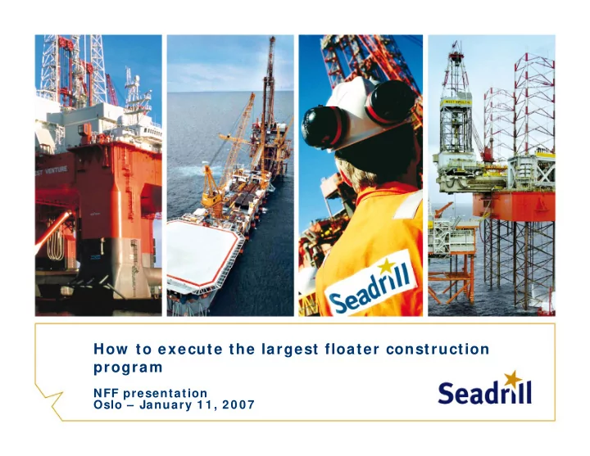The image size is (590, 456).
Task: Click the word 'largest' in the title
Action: (x=290, y=350)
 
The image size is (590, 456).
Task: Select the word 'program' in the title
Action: (x=128, y=368)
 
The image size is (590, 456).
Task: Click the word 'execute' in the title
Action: (x=190, y=350)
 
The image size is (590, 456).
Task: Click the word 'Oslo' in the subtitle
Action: (x=107, y=405)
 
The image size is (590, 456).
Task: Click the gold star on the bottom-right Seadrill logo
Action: (x=513, y=378)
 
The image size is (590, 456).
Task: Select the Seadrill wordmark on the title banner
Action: (x=485, y=392)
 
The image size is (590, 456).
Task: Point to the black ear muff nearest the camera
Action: (x=322, y=127)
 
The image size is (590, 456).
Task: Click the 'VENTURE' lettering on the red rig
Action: (x=56, y=170)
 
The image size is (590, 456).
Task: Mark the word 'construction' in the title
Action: (x=438, y=350)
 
